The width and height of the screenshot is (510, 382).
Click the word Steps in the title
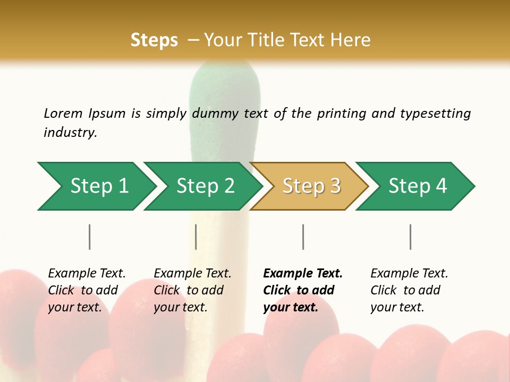point(154,40)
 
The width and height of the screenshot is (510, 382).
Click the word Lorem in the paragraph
point(63,113)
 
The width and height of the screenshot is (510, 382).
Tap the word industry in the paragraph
point(70,132)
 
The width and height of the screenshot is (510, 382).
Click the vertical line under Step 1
point(90,237)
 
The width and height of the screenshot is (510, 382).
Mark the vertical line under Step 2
point(196,237)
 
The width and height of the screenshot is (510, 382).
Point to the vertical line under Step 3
point(303,237)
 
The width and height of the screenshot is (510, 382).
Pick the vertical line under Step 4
point(410,237)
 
